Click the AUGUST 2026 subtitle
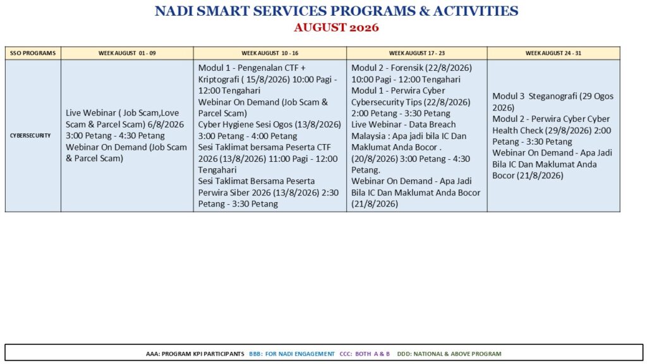pyautogui.click(x=336, y=28)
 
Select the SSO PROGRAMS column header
pyautogui.click(x=33, y=53)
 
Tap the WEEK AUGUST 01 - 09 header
pyautogui.click(x=127, y=53)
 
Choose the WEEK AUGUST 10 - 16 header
pyautogui.click(x=270, y=53)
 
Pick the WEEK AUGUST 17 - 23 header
pyautogui.click(x=417, y=53)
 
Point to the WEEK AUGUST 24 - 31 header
pyautogui.click(x=553, y=53)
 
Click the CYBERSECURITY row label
pyautogui.click(x=30, y=135)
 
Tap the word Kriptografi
pyautogui.click(x=219, y=79)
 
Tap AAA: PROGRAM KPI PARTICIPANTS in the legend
pyautogui.click(x=195, y=354)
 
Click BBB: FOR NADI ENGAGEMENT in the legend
pyautogui.click(x=292, y=354)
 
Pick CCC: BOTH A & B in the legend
pyautogui.click(x=365, y=354)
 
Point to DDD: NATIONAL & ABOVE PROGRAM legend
pyautogui.click(x=449, y=354)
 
